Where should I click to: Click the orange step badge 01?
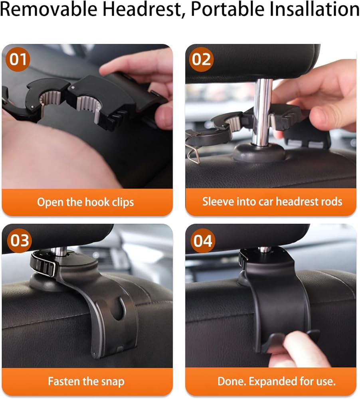pos(18,59)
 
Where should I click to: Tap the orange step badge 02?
pos(201,59)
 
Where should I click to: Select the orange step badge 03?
pos(19,240)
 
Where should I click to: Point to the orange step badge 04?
pos(203,240)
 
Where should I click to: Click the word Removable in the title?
pos(49,9)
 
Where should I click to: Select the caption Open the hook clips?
pos(85,202)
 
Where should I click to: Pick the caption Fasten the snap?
pos(86,381)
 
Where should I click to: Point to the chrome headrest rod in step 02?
pos(262,112)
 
